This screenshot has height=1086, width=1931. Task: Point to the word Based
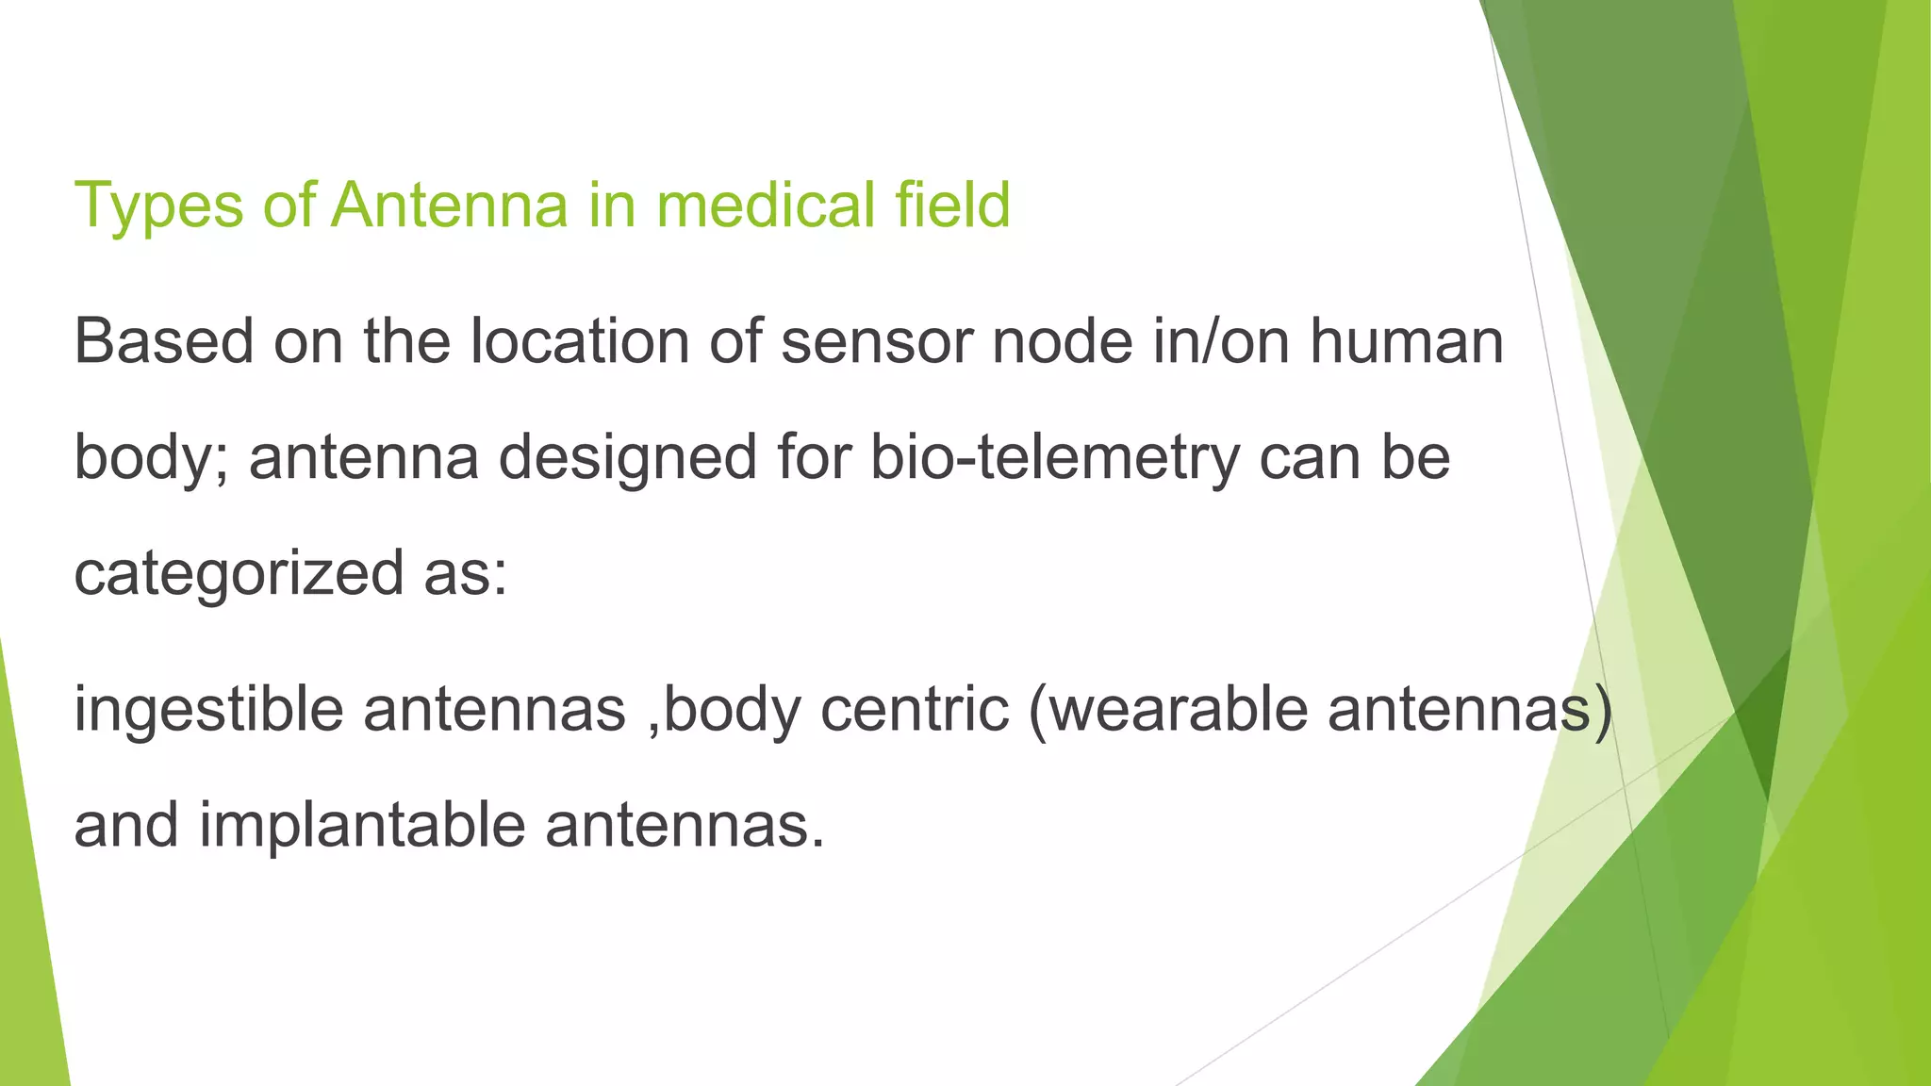[164, 341]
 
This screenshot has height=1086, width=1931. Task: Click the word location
[580, 341]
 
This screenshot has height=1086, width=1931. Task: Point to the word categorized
[239, 574]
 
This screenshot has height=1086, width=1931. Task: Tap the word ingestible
[208, 709]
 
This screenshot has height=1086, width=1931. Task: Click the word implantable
[362, 826]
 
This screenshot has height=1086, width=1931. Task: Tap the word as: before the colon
[465, 574]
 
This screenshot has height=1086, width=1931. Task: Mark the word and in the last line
[126, 826]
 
